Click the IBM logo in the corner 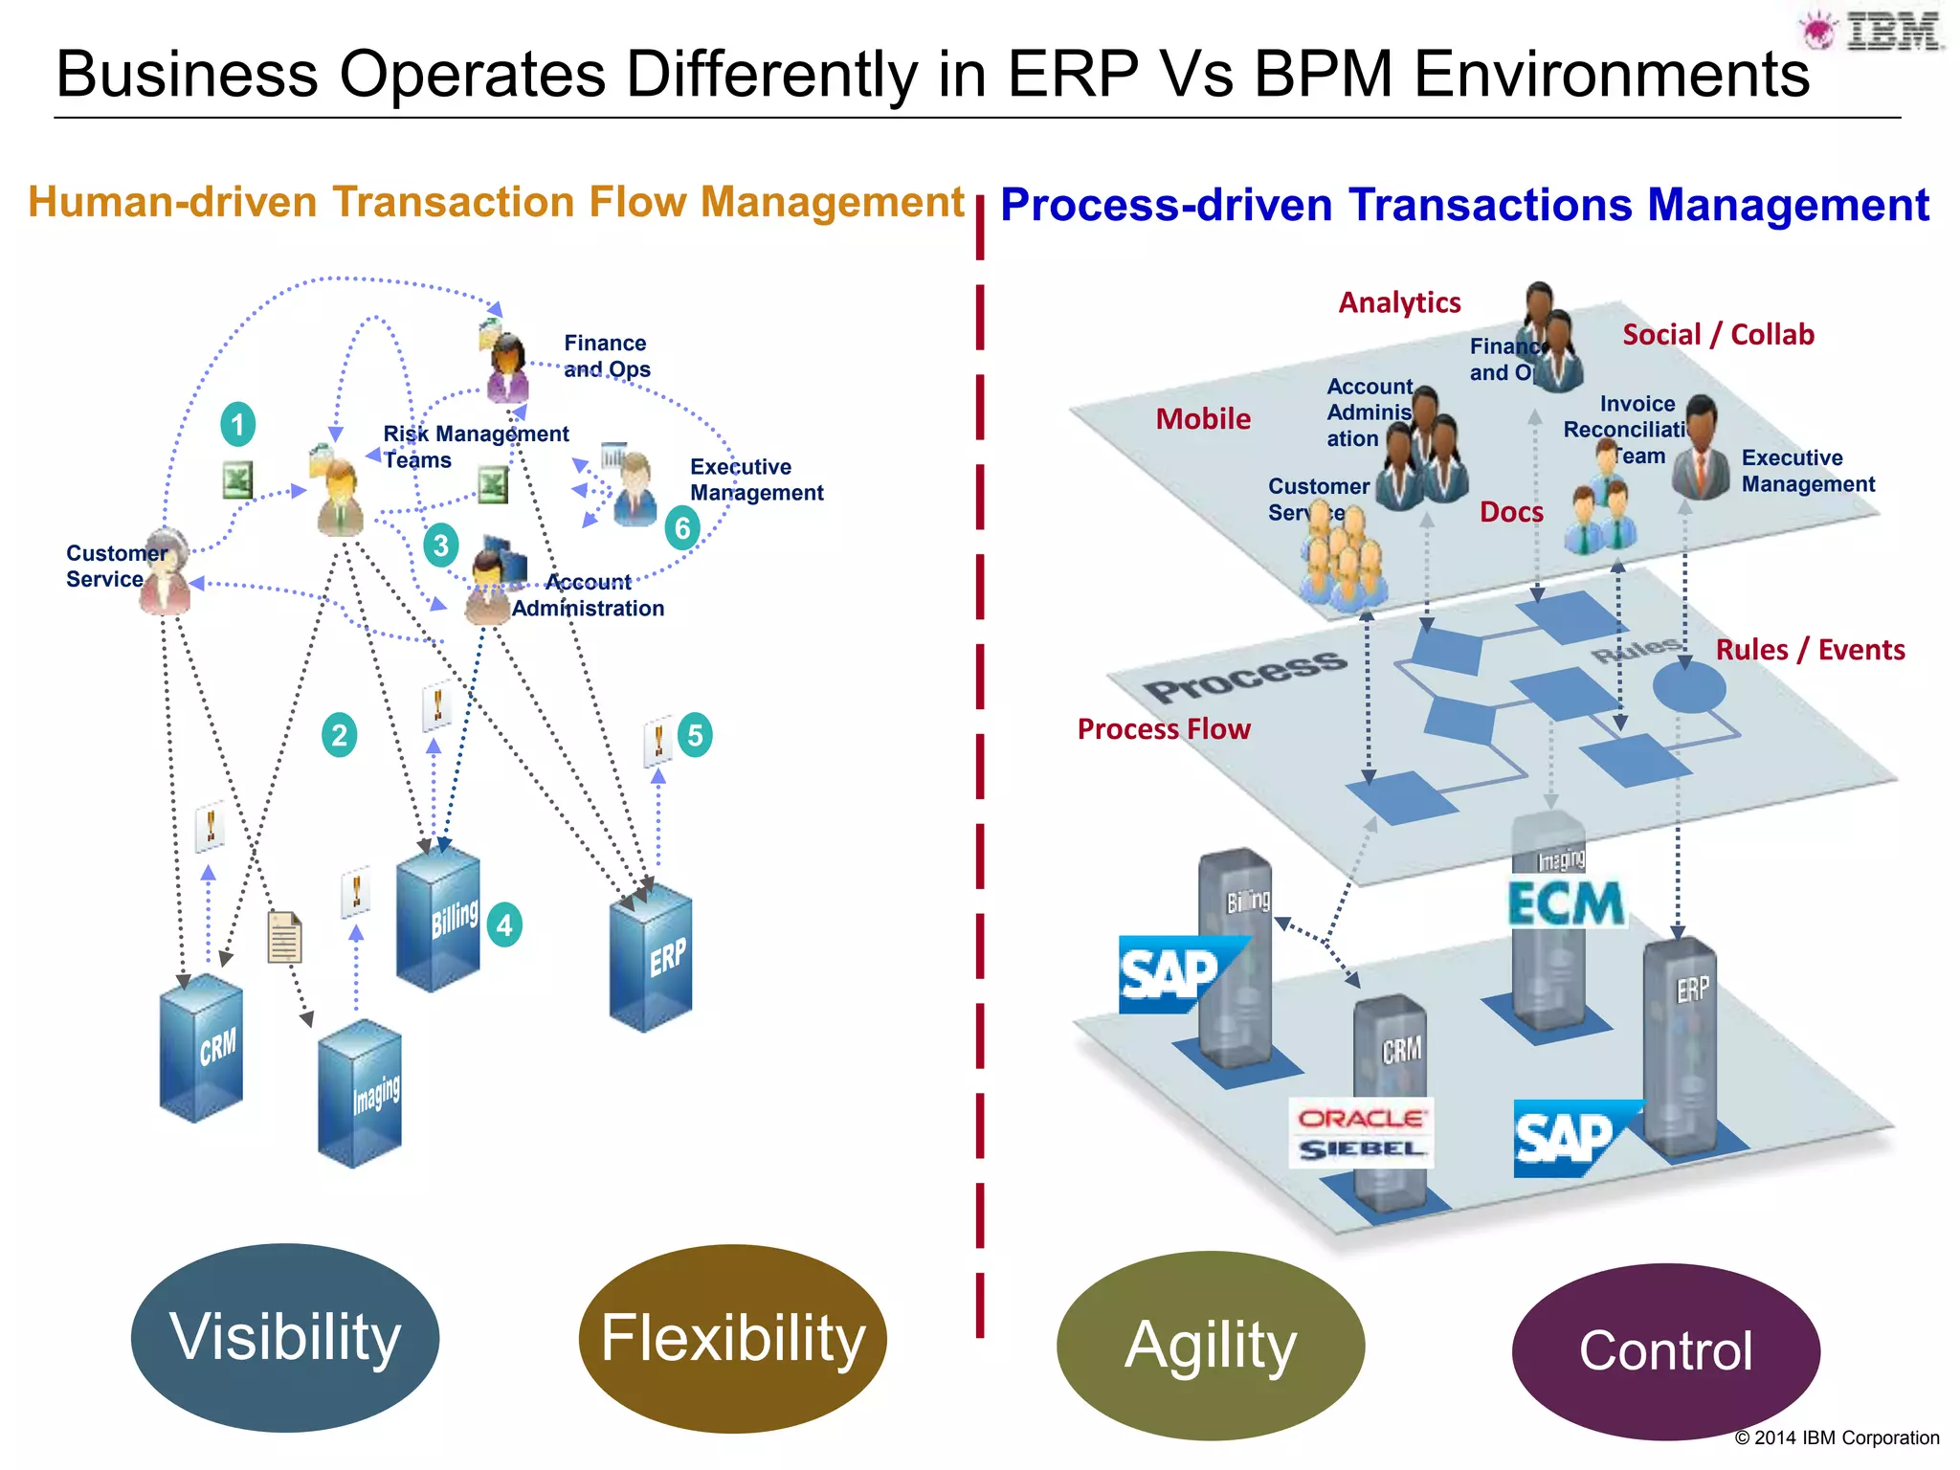tap(1874, 32)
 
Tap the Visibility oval tap(285, 1337)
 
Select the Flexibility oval tap(732, 1338)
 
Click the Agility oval tap(1211, 1345)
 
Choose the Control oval tap(1665, 1350)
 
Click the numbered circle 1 tap(237, 424)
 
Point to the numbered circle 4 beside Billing tap(504, 924)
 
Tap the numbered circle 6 tap(682, 528)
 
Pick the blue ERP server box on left tap(651, 958)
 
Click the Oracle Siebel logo tap(1360, 1133)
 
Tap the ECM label tap(1566, 903)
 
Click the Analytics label tap(1399, 302)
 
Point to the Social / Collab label tap(1718, 335)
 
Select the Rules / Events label tap(1810, 650)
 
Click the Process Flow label tap(1164, 729)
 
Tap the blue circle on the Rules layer tap(1689, 687)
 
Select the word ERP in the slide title tap(1073, 74)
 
